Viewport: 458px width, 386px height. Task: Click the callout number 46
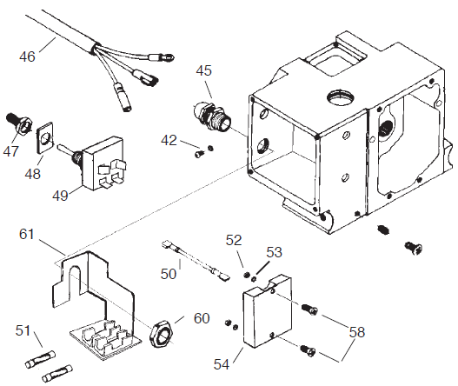pyautogui.click(x=28, y=57)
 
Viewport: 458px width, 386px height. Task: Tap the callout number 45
pyautogui.click(x=203, y=71)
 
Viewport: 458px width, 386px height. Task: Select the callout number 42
pyautogui.click(x=169, y=140)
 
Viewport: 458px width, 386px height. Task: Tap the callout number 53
pyautogui.click(x=275, y=252)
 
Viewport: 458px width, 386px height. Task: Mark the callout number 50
pyautogui.click(x=168, y=273)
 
